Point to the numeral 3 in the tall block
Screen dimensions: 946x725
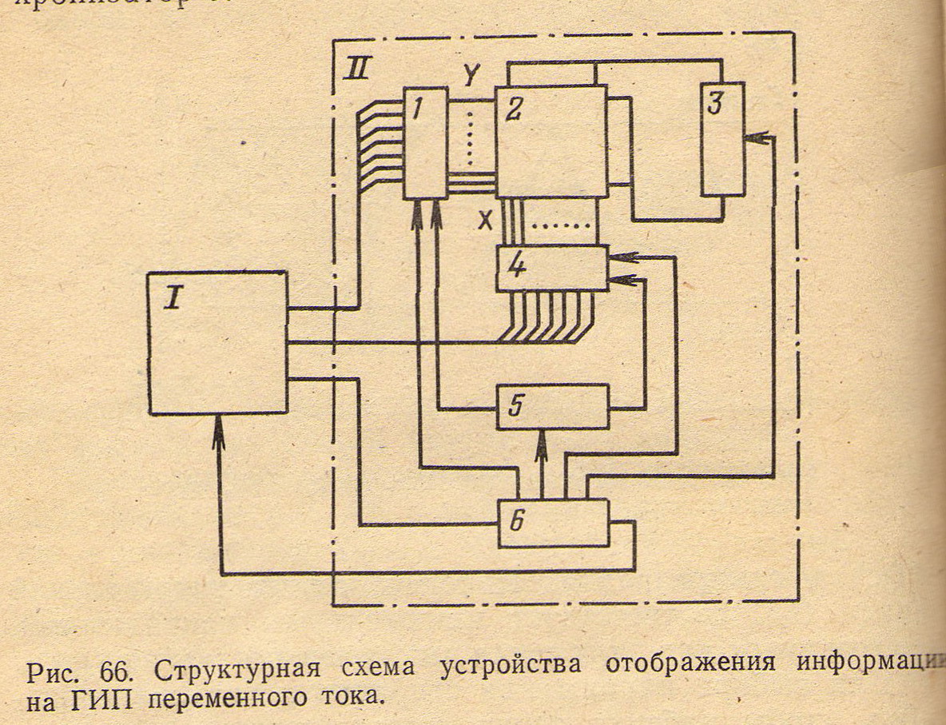[x=716, y=104]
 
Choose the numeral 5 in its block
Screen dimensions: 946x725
[x=515, y=407]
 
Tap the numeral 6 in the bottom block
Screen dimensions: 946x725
[x=517, y=522]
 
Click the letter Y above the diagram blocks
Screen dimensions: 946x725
[x=471, y=75]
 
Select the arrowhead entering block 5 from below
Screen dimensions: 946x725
[x=541, y=440]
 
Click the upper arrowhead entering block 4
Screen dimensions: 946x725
[x=623, y=257]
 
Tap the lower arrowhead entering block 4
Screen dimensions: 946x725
[x=623, y=280]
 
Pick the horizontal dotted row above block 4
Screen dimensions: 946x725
[x=558, y=226]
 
